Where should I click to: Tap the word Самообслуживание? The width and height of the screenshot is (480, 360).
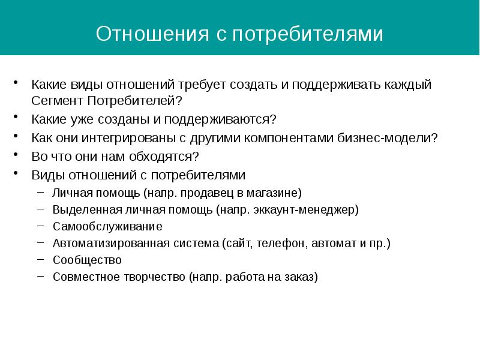(x=107, y=227)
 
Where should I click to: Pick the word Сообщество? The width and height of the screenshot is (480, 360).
(x=87, y=260)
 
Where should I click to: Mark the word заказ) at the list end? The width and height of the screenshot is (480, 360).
(x=300, y=277)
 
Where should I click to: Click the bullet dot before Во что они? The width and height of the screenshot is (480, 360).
(x=18, y=156)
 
